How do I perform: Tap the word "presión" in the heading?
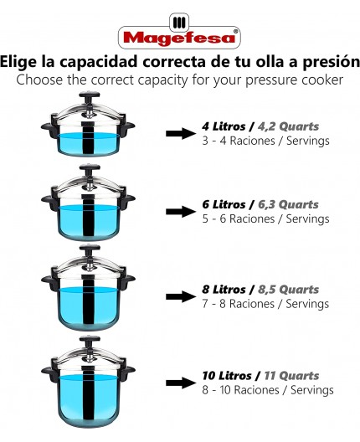[x=327, y=62]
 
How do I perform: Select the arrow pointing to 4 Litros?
[x=180, y=134]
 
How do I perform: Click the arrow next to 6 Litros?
[x=180, y=213]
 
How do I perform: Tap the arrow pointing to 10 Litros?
[x=180, y=383]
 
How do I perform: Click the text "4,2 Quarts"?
[x=284, y=126]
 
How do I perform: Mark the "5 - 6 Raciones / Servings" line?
[x=260, y=219]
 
